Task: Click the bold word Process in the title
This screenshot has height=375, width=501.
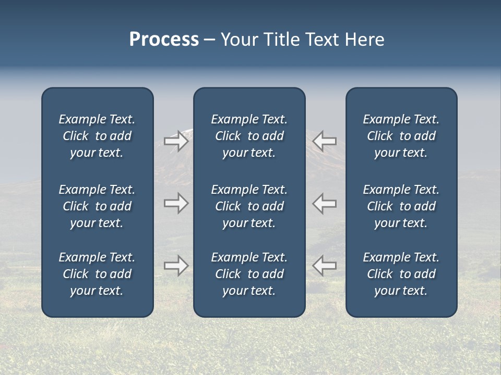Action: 164,40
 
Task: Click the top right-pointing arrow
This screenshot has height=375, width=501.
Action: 176,141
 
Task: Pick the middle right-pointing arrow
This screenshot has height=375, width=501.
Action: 176,203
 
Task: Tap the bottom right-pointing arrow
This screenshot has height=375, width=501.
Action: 176,266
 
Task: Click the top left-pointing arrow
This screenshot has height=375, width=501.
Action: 324,141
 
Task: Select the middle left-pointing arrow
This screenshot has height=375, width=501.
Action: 324,203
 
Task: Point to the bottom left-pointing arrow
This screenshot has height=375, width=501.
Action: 324,266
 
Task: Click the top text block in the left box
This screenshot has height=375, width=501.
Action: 97,136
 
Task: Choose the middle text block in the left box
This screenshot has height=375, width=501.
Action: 97,206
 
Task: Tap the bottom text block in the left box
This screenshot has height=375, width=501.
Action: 97,274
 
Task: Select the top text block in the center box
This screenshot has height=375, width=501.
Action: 249,136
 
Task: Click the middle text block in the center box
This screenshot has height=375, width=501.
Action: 249,206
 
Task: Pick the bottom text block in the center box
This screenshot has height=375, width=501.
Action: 249,274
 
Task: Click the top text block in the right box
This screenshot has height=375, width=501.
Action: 401,136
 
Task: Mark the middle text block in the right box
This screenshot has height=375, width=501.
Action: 401,206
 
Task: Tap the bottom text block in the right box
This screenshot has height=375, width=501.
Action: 401,274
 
